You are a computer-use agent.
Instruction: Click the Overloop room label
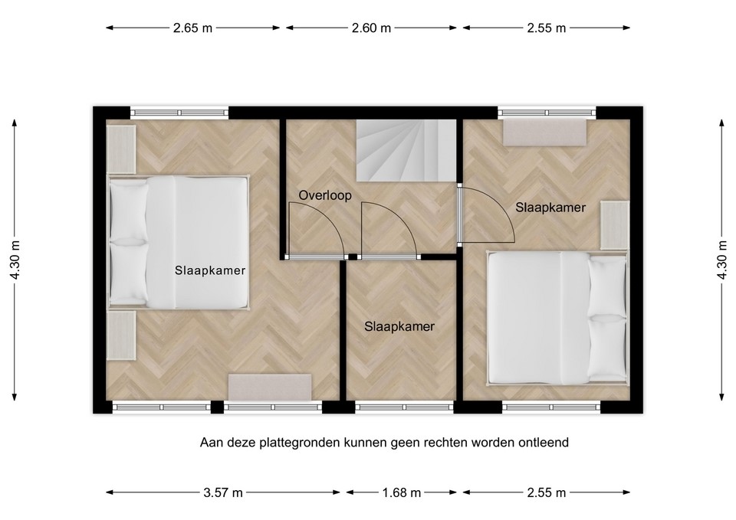(x=325, y=195)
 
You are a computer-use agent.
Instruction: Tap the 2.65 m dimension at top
(x=192, y=28)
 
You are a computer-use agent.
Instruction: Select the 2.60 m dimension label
(x=371, y=28)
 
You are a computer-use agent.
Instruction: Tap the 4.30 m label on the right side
(x=721, y=260)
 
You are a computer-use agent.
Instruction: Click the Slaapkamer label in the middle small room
(x=399, y=326)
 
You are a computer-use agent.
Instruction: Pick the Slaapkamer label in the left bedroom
(x=210, y=270)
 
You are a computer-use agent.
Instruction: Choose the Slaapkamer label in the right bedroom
(x=550, y=207)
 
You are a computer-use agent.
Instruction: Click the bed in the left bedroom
(x=178, y=242)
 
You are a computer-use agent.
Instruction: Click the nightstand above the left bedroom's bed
(x=121, y=149)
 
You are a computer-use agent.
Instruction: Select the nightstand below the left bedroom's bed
(x=121, y=335)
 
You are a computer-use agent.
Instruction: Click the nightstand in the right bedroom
(x=613, y=224)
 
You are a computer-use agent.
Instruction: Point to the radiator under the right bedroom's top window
(x=544, y=131)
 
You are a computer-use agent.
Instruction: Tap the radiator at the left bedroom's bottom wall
(x=270, y=387)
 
